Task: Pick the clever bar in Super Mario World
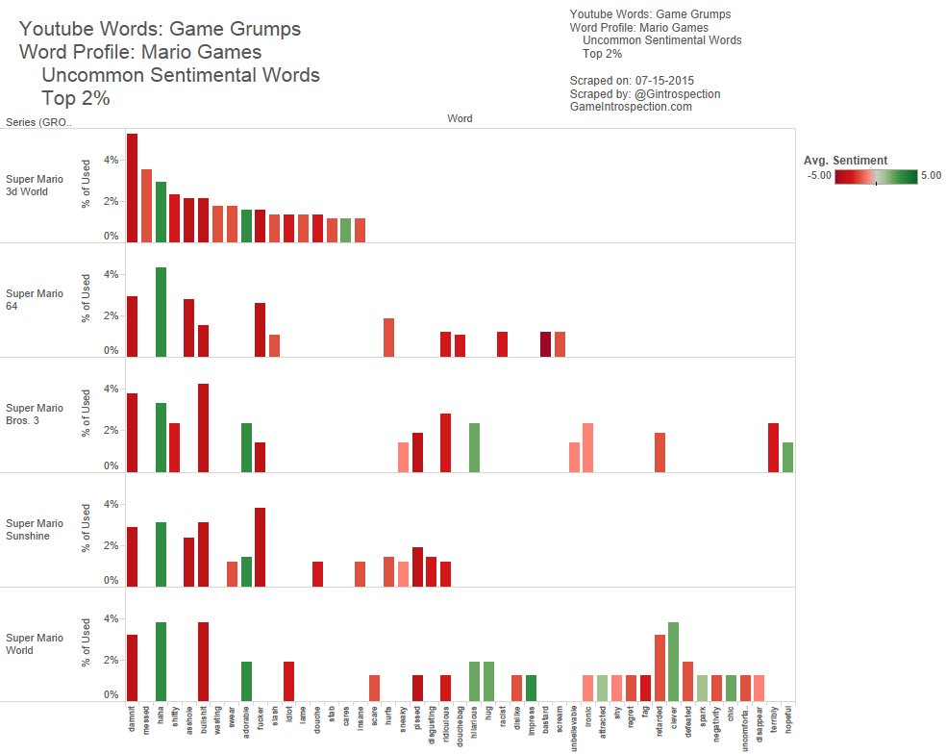673,662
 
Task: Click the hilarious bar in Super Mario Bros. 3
474,447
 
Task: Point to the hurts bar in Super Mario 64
388,337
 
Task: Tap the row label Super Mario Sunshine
36,530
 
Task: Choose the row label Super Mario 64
36,300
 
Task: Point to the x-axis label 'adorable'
246,726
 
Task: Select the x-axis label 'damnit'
133,722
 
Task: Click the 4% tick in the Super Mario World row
112,618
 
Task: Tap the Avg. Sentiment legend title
845,161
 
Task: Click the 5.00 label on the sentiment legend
931,176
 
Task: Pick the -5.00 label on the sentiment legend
819,176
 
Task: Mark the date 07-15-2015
665,81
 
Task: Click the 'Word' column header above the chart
460,119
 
